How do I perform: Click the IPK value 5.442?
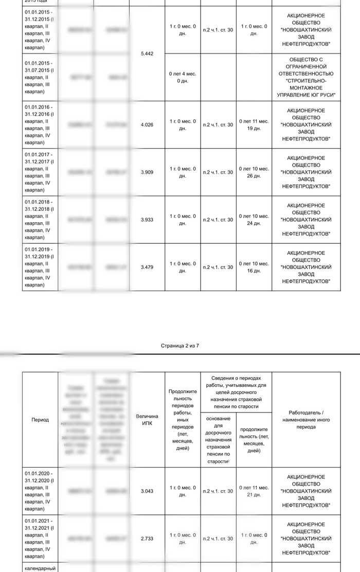(x=147, y=53)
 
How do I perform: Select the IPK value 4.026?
(x=147, y=124)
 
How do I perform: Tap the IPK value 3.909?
(x=147, y=172)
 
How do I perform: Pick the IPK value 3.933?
(x=147, y=220)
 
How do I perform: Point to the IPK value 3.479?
(x=147, y=267)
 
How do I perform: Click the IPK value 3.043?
(x=147, y=491)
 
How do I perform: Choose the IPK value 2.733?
(x=147, y=539)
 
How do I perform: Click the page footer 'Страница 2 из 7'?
(x=180, y=346)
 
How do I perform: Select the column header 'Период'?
(x=40, y=420)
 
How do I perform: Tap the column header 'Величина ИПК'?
(x=147, y=420)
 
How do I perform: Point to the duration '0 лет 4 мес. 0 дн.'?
(x=182, y=77)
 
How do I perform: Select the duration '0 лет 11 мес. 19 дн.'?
(x=254, y=124)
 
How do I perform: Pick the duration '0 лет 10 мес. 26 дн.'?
(x=254, y=172)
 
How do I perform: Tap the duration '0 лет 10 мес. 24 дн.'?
(x=254, y=220)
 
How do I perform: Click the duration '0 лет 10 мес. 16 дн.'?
(x=254, y=267)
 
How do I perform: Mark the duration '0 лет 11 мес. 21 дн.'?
(x=254, y=491)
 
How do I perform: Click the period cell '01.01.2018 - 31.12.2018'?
(x=40, y=220)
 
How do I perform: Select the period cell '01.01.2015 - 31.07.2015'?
(x=40, y=77)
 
